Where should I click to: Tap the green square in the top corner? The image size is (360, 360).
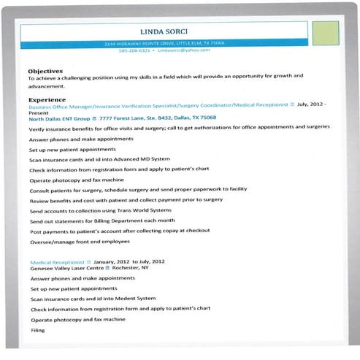(326, 33)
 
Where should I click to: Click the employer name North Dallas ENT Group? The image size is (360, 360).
(59, 118)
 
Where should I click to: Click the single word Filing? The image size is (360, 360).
(37, 330)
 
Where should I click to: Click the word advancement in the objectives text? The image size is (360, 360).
(47, 86)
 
